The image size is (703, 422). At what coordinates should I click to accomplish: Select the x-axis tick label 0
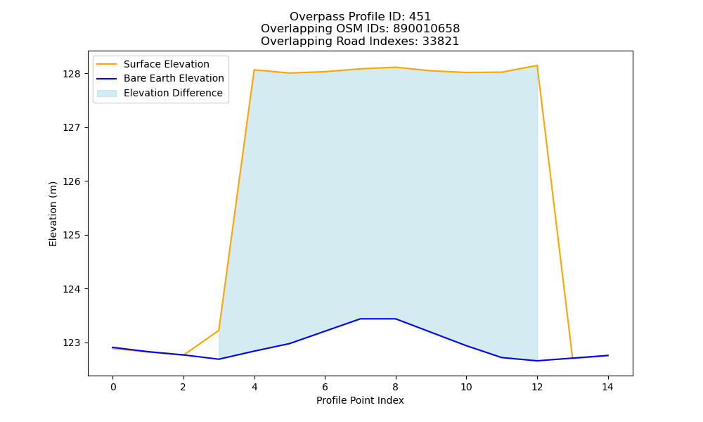(113, 387)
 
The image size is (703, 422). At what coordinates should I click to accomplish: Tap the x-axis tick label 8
(395, 387)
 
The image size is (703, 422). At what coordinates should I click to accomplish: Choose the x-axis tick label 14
(607, 387)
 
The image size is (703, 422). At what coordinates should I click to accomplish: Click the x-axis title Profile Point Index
(360, 400)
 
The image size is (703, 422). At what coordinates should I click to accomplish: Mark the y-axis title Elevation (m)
(53, 214)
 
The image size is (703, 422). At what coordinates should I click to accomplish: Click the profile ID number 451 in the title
(420, 17)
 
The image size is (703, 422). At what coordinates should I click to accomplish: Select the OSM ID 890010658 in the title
(427, 29)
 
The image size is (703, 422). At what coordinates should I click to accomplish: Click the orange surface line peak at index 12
(536, 65)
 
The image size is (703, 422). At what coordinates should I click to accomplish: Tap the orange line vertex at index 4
(254, 70)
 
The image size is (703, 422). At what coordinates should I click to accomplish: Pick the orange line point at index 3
(219, 331)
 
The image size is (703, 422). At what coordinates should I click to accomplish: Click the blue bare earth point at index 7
(360, 319)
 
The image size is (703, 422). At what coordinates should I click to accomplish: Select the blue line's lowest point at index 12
(536, 361)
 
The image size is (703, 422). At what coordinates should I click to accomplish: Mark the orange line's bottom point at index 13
(572, 358)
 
